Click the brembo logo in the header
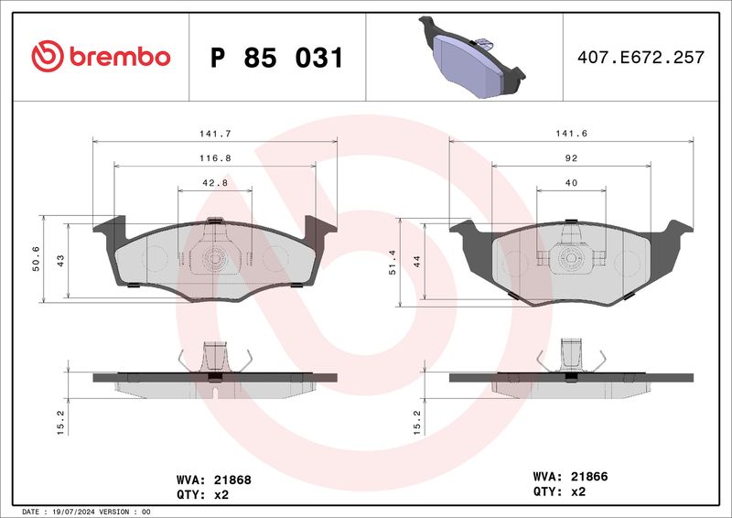tap(101, 57)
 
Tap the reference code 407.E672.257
tap(640, 58)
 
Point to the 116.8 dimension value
tap(215, 157)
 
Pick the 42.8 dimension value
tap(215, 182)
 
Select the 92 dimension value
tap(571, 157)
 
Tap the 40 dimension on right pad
tap(571, 182)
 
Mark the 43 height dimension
tap(59, 260)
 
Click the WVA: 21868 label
tap(213, 479)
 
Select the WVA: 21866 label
tap(571, 477)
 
